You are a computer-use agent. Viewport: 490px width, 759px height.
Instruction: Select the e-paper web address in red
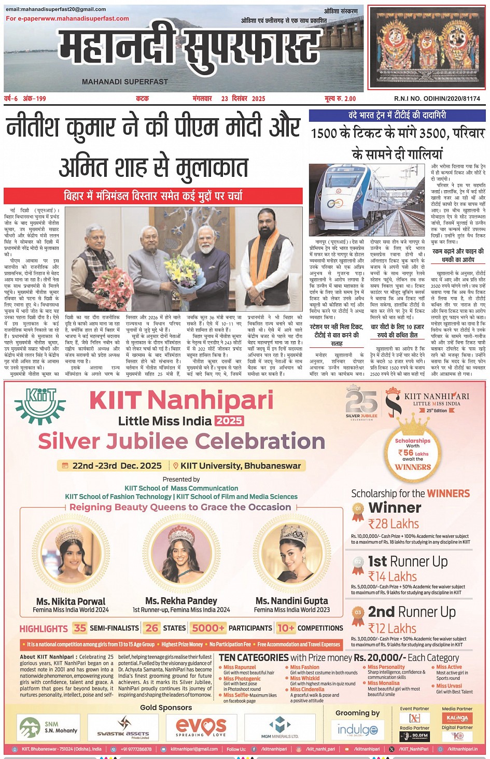click(x=67, y=19)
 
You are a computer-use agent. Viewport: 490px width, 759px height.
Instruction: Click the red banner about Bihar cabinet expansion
click(x=153, y=196)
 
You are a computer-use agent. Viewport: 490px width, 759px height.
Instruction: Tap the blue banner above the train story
click(x=397, y=116)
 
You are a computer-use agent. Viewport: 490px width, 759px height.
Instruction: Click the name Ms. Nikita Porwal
click(x=71, y=601)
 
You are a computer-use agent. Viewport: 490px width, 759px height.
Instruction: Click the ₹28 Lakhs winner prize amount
click(x=393, y=524)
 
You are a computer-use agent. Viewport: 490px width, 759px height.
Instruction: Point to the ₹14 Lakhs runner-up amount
click(x=392, y=577)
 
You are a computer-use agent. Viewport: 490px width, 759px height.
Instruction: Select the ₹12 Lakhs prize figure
click(x=392, y=628)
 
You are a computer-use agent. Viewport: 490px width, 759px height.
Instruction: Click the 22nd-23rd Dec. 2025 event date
click(x=117, y=466)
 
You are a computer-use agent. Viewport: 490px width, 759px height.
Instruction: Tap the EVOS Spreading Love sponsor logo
click(x=201, y=727)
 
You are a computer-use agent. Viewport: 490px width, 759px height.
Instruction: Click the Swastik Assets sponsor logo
click(x=123, y=727)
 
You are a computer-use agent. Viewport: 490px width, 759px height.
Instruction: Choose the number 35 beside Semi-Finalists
click(x=80, y=628)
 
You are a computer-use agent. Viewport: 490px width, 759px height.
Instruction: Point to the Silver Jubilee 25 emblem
click(x=361, y=402)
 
